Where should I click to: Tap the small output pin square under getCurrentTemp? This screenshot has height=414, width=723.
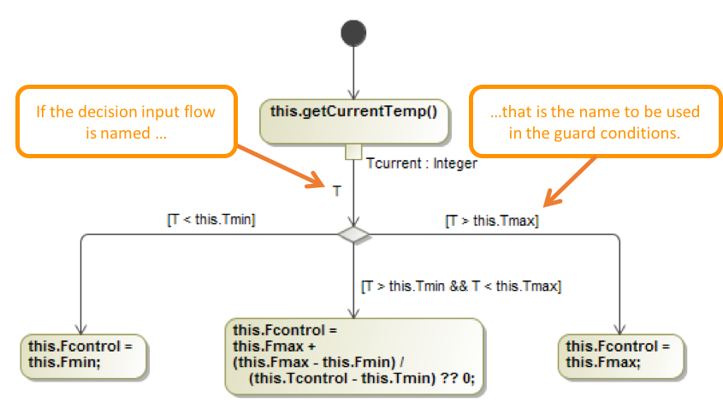(353, 152)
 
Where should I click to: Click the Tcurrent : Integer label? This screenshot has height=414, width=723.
(421, 163)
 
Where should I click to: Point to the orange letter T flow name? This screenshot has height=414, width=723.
(337, 192)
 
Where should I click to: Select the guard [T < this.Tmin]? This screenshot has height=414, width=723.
(211, 221)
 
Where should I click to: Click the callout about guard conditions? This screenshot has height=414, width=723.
(595, 121)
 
